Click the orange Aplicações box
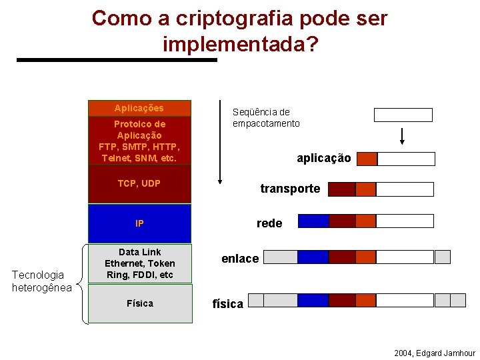139,108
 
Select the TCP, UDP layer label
139,183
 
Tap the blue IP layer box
139,223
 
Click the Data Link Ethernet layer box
139,263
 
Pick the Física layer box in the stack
139,303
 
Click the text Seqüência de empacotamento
266,118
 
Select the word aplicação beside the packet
323,158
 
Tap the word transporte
290,189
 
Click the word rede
269,223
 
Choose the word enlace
240,259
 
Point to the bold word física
227,304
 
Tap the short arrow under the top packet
403,135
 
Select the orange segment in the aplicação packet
367,159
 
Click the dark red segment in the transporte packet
342,189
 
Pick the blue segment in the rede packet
313,221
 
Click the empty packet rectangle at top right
403,115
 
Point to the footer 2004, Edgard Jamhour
434,353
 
